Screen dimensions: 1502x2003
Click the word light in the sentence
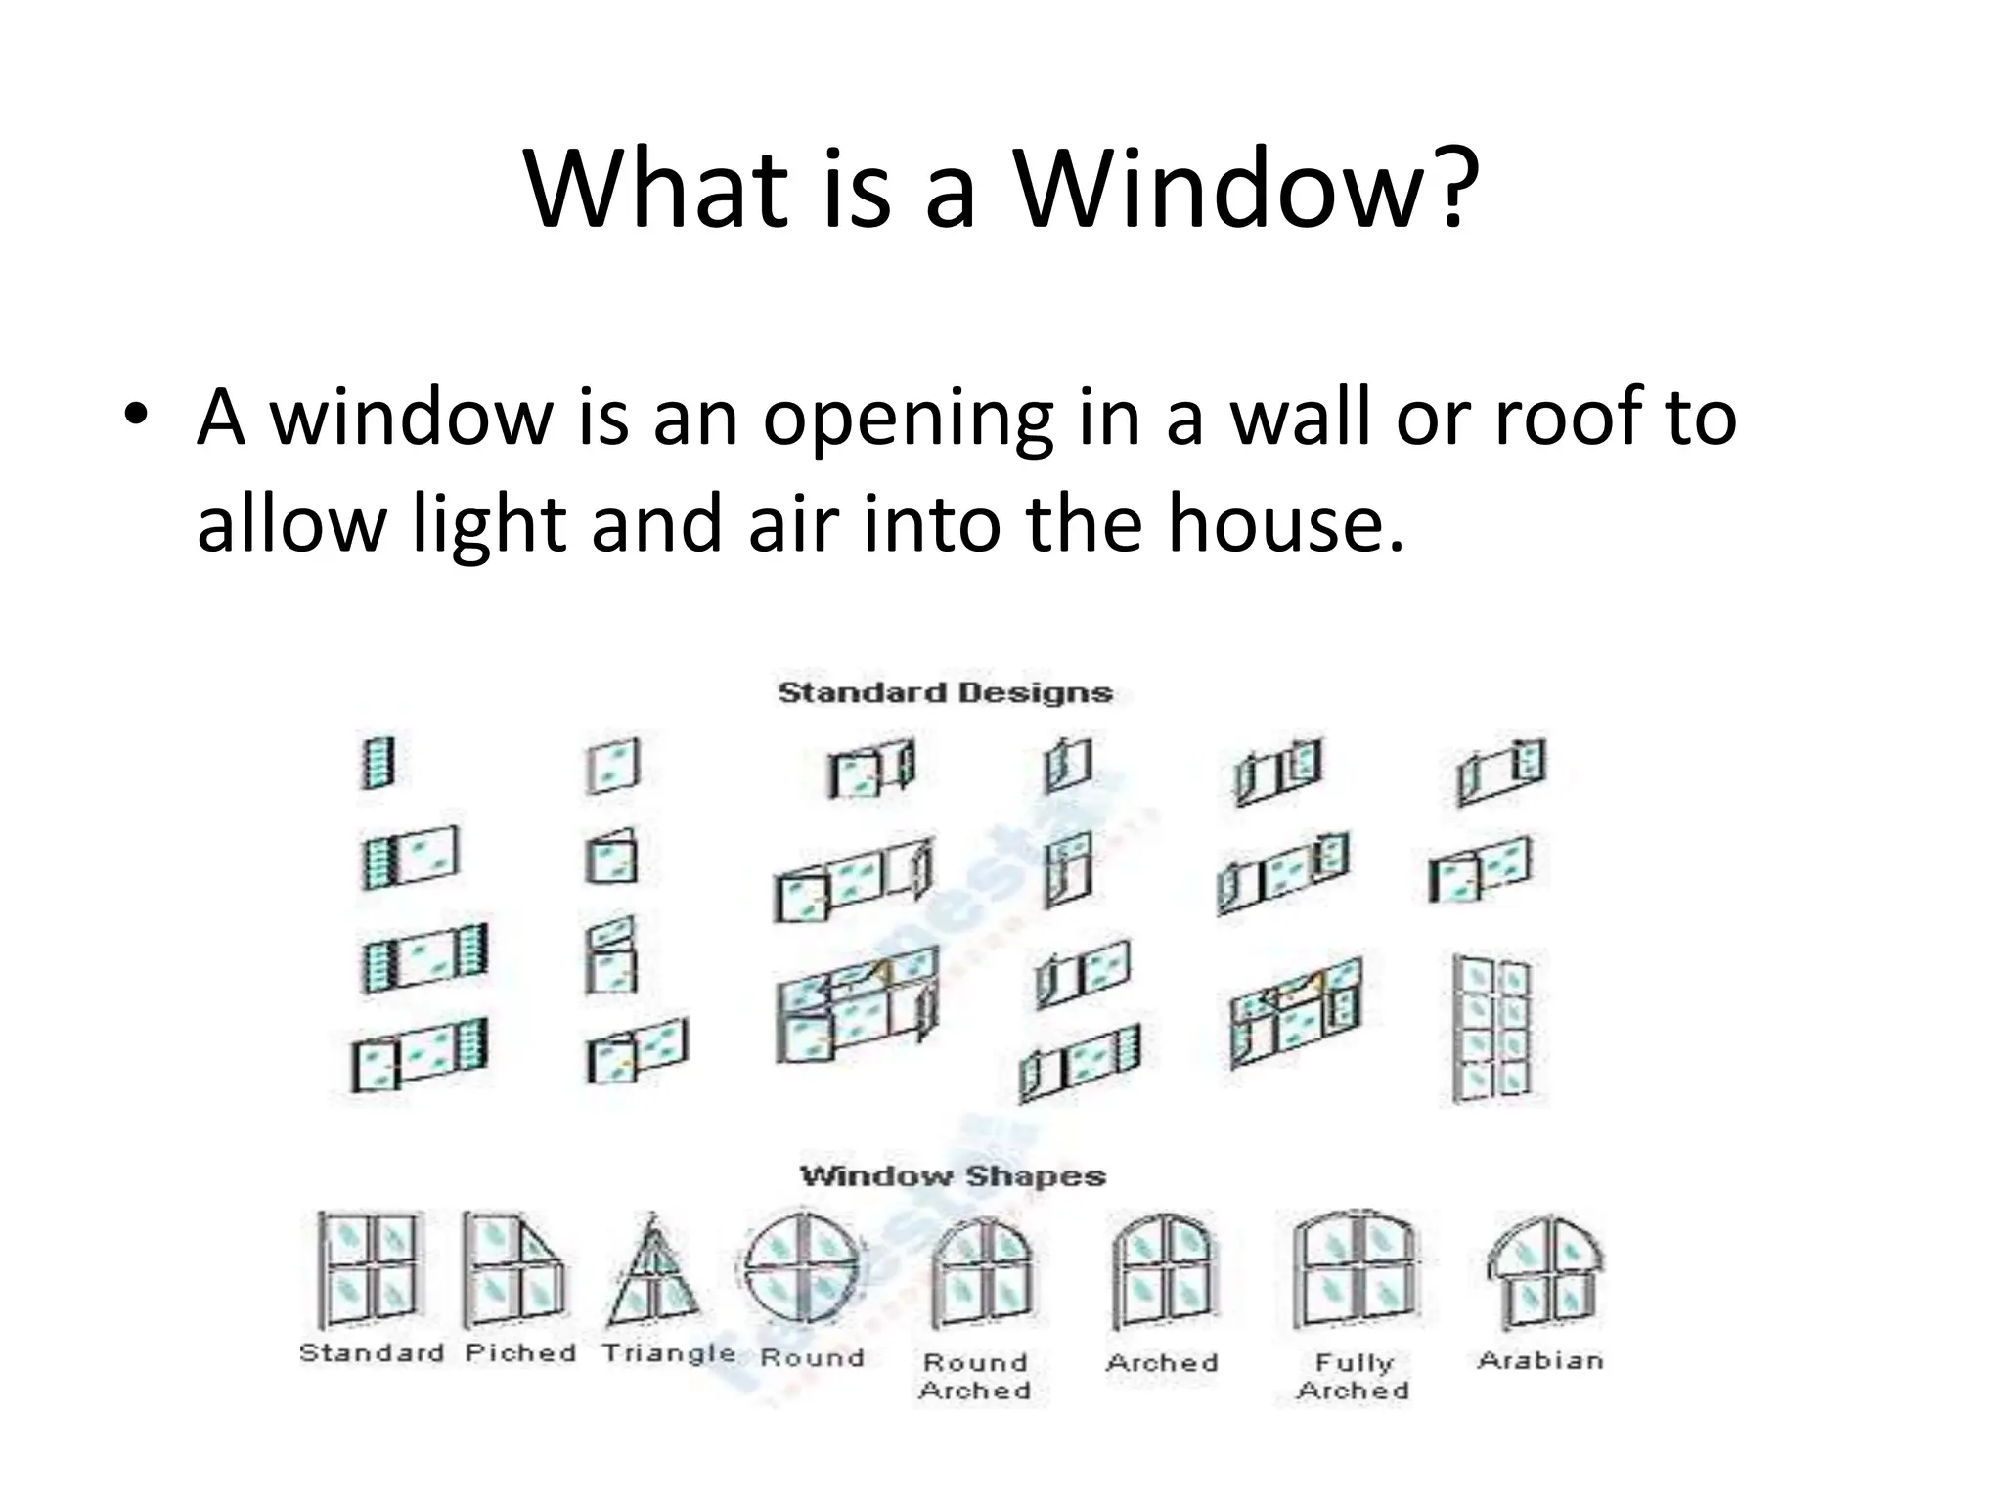489,522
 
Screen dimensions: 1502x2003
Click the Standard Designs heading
945,693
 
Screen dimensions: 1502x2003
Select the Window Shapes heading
953,1175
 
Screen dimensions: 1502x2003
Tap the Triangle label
668,1353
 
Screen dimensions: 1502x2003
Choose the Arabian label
1540,1360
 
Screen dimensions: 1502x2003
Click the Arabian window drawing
1544,1271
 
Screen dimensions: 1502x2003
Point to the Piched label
520,1353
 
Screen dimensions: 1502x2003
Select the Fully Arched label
1354,1376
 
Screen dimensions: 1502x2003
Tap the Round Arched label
975,1376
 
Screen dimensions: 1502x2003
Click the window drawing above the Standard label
371,1268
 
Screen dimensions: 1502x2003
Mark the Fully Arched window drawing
1354,1271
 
